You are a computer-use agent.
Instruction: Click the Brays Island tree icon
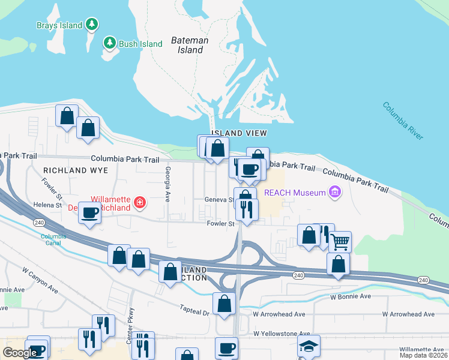[91, 25]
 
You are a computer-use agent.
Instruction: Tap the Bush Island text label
[140, 44]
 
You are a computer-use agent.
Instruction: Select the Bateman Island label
[190, 45]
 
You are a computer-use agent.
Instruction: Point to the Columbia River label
[402, 121]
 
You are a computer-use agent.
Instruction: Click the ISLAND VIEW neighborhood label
[238, 133]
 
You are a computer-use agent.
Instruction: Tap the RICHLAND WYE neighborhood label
[75, 170]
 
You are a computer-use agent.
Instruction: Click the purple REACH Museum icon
[335, 193]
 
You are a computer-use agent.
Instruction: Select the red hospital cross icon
[140, 203]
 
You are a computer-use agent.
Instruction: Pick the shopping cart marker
[340, 242]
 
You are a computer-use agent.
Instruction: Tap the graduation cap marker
[309, 346]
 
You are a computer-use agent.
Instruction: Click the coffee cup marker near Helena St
[90, 213]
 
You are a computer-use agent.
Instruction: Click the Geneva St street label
[218, 200]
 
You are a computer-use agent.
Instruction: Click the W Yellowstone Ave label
[281, 334]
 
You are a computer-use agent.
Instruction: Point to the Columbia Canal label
[53, 239]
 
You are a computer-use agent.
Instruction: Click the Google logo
[20, 353]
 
